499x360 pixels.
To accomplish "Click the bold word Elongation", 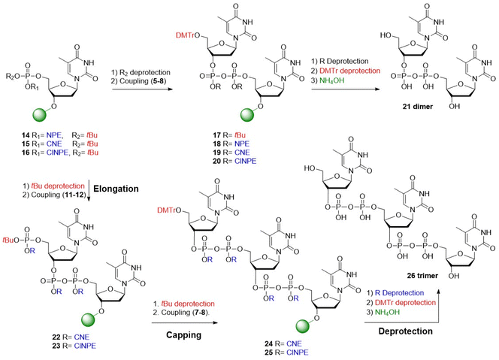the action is pos(116,189).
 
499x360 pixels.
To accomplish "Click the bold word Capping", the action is pos(183,335).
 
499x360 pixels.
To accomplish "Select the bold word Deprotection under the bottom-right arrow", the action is pos(406,331).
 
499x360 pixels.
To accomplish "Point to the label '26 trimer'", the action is pos(422,276).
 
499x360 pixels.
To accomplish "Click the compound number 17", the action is pos(216,135).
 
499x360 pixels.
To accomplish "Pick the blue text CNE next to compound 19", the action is pos(242,153).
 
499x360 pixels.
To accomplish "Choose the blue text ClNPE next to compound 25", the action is pos(298,352).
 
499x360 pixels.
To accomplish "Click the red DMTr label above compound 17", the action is pos(185,35).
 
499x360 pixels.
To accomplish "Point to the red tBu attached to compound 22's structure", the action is pos(8,240).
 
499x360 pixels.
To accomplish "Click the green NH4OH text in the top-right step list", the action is pos(332,80).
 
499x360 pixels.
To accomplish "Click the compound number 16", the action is pos(26,153).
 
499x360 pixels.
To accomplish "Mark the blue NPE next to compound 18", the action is pos(242,144).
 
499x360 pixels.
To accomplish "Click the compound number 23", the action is pos(56,346).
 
